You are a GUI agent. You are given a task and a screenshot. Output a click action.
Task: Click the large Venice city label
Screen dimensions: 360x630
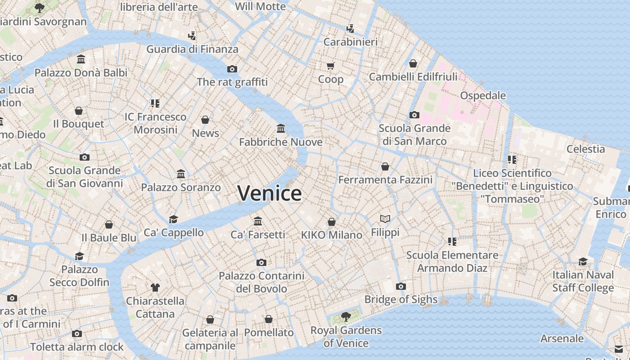point(270,193)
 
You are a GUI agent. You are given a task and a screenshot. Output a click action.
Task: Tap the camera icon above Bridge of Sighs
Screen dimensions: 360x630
point(400,286)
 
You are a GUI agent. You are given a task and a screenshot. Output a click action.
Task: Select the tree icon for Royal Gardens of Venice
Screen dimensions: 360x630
point(346,317)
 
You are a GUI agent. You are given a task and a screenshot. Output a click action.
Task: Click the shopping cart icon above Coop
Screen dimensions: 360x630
point(331,66)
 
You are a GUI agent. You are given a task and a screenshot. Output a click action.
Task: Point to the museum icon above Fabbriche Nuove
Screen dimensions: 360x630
point(281,129)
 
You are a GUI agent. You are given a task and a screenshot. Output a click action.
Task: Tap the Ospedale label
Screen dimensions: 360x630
point(483,95)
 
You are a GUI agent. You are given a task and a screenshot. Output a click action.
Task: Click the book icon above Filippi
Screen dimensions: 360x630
point(385,219)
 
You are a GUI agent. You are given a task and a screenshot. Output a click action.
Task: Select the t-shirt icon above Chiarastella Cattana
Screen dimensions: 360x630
point(155,287)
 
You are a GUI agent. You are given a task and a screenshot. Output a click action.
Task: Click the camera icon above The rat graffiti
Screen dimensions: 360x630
point(232,69)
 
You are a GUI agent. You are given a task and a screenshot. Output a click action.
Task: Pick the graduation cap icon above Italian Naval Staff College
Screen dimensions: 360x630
point(583,261)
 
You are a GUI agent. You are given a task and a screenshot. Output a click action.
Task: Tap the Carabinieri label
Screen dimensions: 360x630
point(351,42)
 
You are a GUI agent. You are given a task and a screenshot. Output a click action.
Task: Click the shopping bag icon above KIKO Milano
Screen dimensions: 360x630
point(332,222)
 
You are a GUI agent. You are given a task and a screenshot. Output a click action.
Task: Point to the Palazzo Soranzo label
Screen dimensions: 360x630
point(181,187)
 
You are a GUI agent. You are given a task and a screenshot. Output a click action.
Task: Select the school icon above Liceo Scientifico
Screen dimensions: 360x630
point(512,159)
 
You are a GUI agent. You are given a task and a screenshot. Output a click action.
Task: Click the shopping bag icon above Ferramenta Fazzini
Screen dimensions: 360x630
point(385,166)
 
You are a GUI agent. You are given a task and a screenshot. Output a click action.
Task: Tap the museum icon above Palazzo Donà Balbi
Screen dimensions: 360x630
point(81,59)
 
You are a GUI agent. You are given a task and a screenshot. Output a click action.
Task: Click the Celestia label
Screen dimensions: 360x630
point(585,148)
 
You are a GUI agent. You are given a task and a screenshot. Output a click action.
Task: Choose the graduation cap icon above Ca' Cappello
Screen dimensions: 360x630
point(173,219)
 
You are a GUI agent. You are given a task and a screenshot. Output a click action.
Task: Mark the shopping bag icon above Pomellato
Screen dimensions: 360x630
point(269,319)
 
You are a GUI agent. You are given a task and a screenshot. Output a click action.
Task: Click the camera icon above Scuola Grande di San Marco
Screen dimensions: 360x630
point(414,115)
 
